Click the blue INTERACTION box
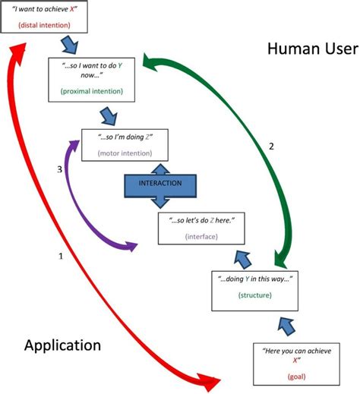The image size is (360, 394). pos(159,184)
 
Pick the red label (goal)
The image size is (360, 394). pos(298,376)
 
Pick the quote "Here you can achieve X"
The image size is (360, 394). pos(298,355)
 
